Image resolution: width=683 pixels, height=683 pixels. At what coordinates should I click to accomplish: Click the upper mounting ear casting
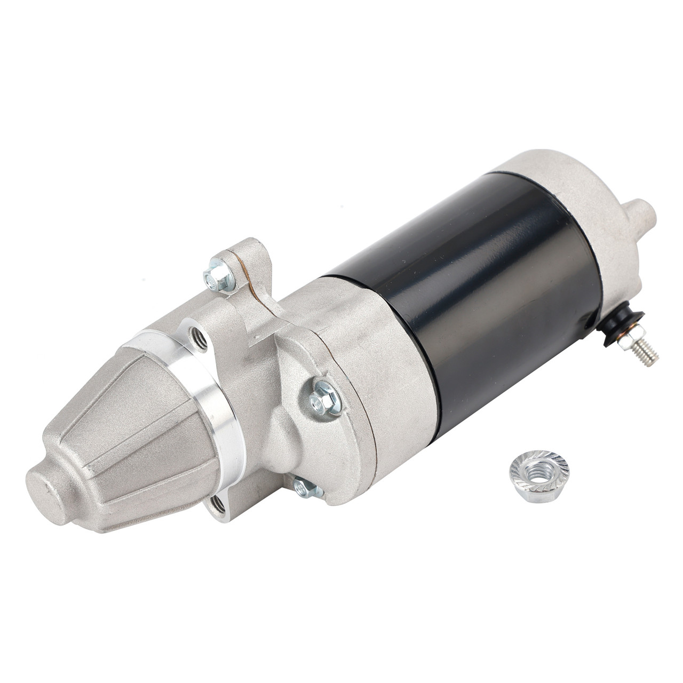(248, 267)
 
